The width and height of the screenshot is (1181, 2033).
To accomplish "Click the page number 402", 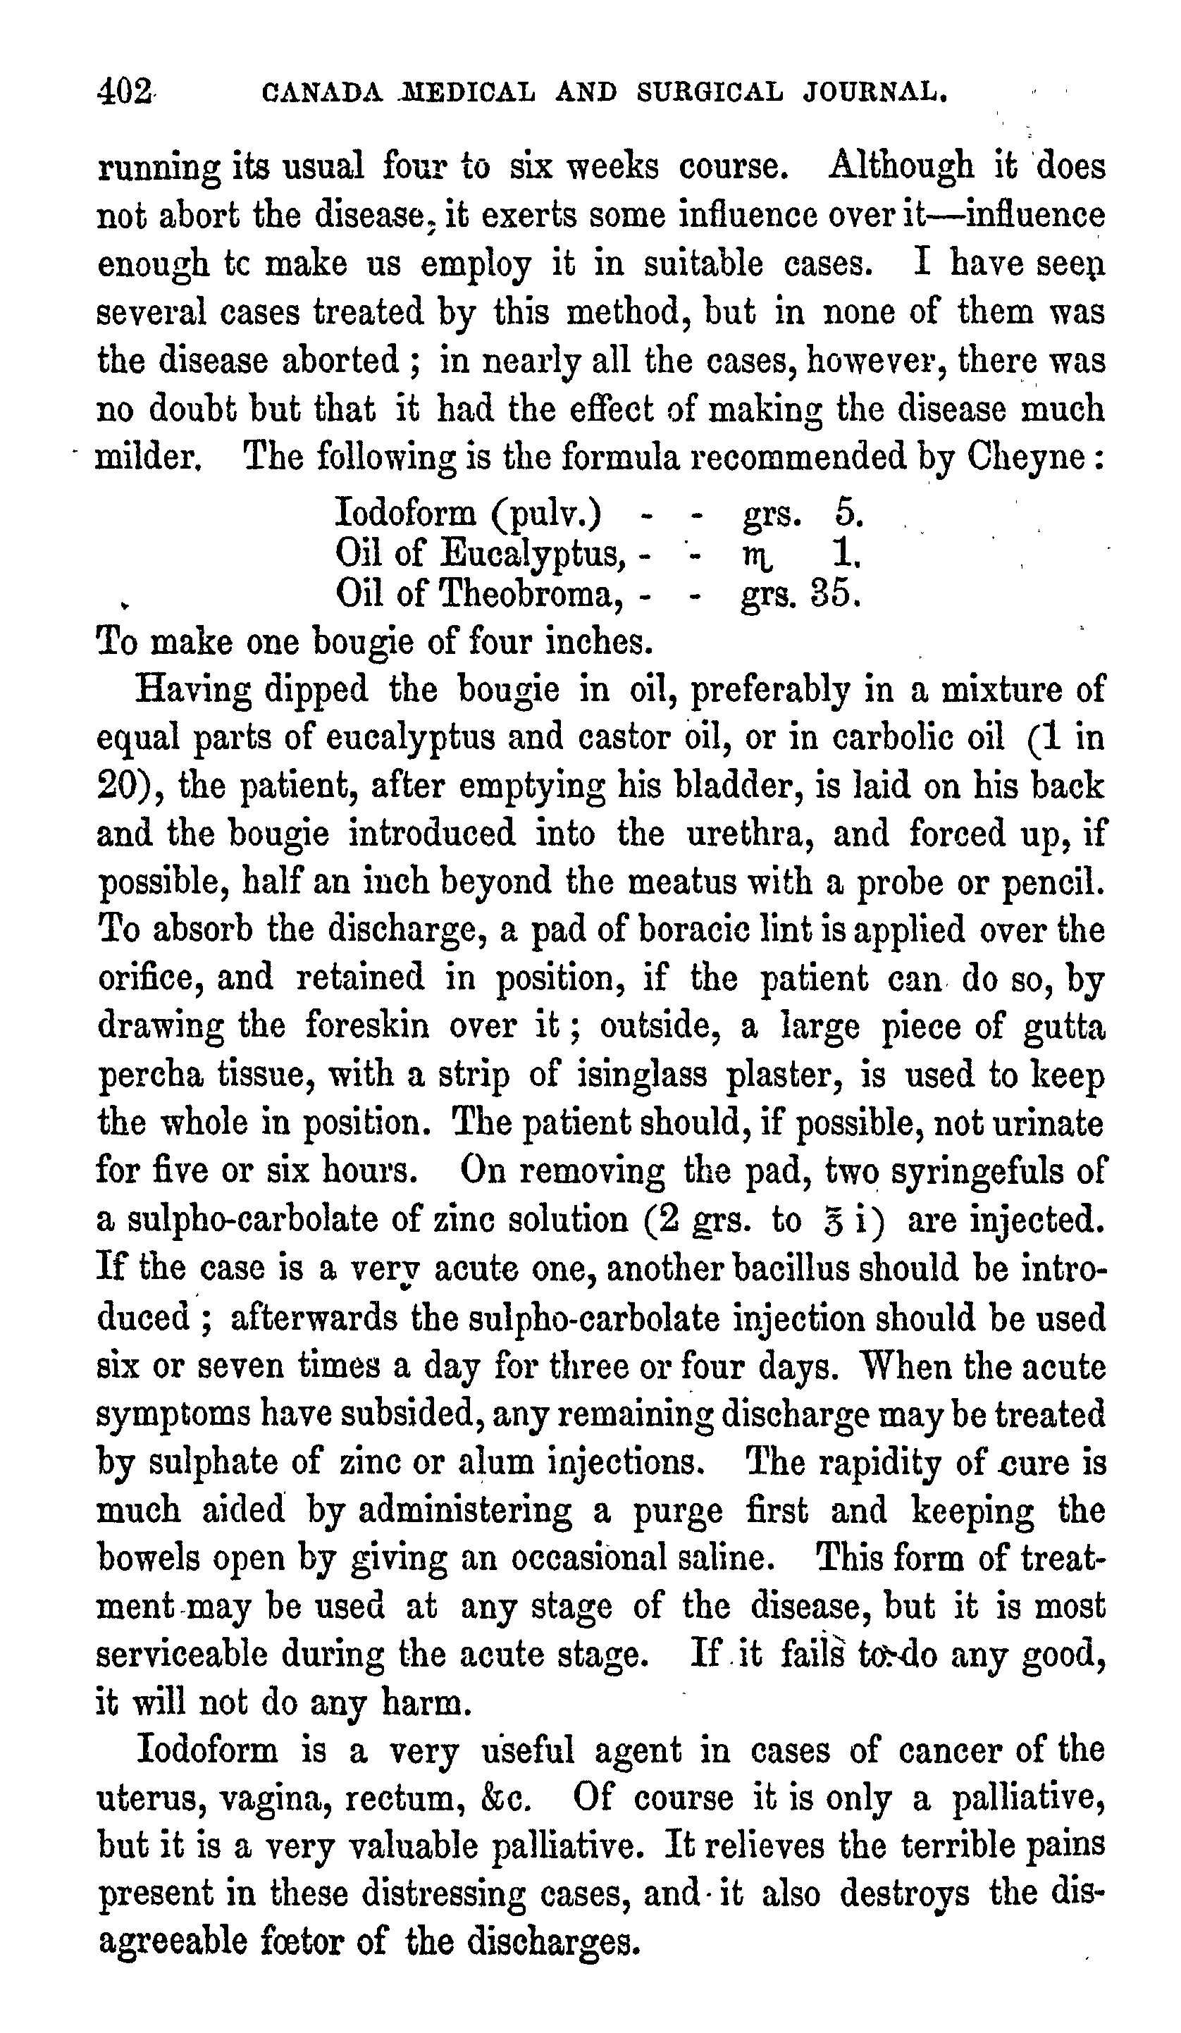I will [x=124, y=90].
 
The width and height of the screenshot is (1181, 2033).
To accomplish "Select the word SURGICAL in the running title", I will [x=709, y=92].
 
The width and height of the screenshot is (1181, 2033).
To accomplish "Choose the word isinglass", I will [x=642, y=1075].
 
